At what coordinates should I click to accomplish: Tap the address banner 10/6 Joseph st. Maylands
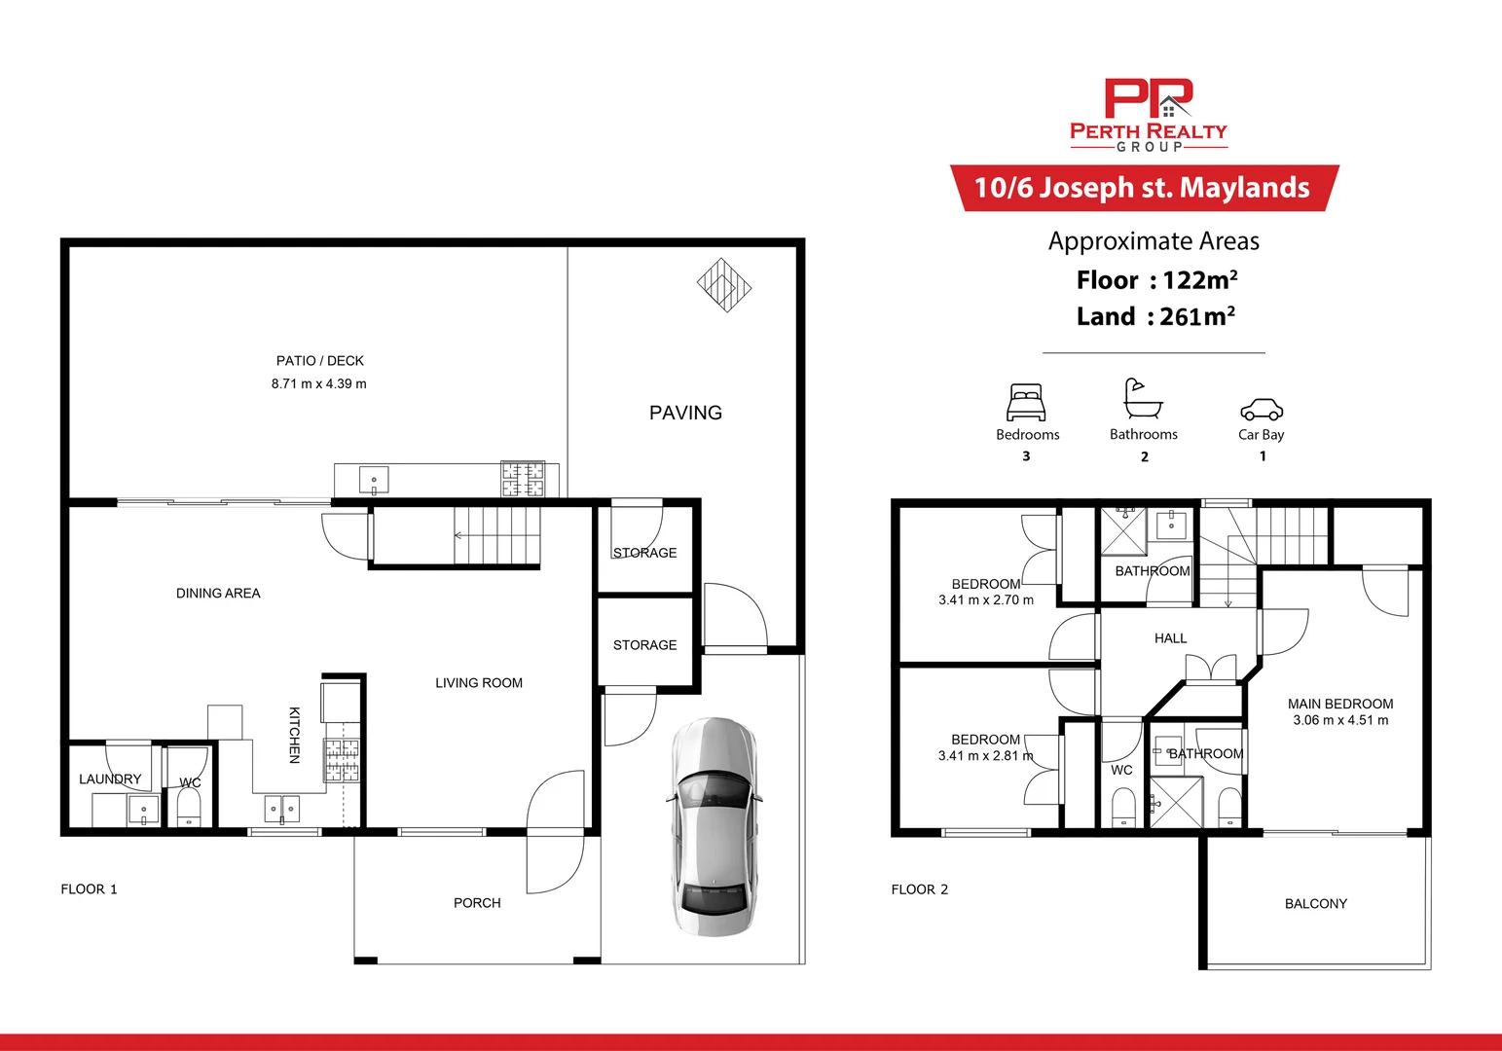[x=1143, y=188]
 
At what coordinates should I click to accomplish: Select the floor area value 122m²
[x=1199, y=280]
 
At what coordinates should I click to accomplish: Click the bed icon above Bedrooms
[x=1026, y=402]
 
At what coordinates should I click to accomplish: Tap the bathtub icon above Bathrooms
[x=1143, y=399]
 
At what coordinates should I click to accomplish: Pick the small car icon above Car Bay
[x=1261, y=409]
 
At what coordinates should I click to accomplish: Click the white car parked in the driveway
[x=714, y=827]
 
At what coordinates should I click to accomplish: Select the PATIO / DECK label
[x=319, y=361]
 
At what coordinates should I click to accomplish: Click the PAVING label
[x=685, y=413]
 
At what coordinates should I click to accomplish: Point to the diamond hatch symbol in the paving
[x=724, y=285]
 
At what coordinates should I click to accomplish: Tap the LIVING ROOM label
[x=478, y=683]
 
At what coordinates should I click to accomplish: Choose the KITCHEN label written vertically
[x=294, y=735]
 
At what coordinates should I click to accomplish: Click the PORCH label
[x=477, y=903]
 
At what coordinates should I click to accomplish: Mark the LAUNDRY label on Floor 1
[x=110, y=779]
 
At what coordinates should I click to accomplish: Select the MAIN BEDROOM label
[x=1339, y=704]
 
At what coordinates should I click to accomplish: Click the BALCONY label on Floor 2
[x=1315, y=904]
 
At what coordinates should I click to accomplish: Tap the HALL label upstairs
[x=1170, y=638]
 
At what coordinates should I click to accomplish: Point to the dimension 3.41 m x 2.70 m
[x=985, y=600]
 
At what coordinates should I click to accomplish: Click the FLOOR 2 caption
[x=919, y=889]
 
